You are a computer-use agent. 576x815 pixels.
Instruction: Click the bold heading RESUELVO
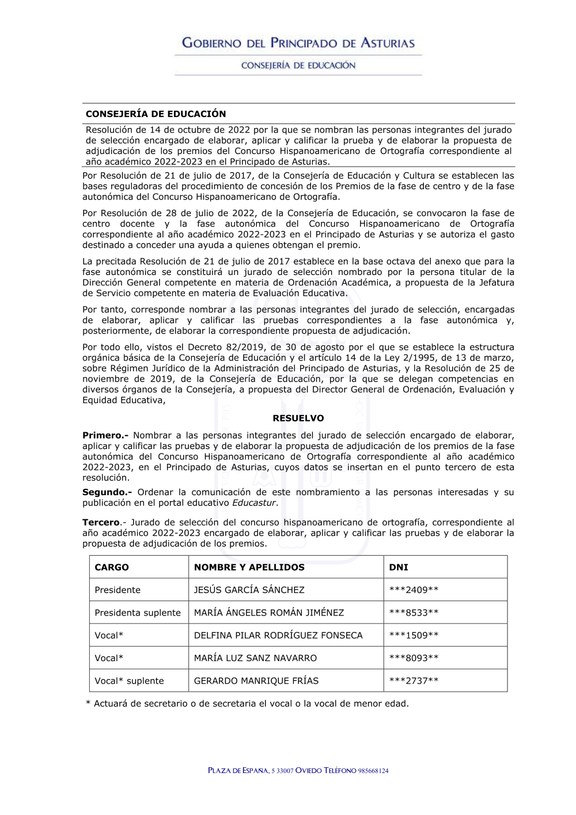(x=298, y=418)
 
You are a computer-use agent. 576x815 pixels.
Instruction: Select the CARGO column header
(x=112, y=567)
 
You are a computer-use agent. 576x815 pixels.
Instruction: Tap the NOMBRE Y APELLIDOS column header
(x=249, y=567)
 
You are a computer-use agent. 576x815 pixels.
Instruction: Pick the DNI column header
(x=399, y=567)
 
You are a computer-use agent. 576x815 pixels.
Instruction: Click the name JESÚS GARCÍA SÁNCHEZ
(x=249, y=590)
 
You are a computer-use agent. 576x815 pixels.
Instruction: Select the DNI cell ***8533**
(x=414, y=613)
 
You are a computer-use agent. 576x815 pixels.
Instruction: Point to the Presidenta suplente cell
(x=138, y=613)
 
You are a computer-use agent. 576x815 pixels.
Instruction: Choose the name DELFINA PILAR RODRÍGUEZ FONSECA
(x=278, y=635)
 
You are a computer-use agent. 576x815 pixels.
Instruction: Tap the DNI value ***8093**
(x=414, y=658)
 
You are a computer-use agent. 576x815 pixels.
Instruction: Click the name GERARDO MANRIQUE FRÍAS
(x=256, y=681)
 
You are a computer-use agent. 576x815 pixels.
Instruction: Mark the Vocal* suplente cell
(x=129, y=681)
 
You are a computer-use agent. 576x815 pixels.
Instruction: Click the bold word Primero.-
(x=105, y=436)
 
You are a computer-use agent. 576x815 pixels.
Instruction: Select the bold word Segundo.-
(x=107, y=492)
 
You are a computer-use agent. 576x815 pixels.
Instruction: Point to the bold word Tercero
(x=101, y=523)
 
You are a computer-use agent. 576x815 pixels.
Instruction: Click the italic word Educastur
(x=254, y=503)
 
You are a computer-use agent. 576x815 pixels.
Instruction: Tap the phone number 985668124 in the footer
(x=373, y=771)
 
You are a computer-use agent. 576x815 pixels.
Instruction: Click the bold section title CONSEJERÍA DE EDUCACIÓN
(x=156, y=114)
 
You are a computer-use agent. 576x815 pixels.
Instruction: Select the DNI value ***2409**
(x=414, y=590)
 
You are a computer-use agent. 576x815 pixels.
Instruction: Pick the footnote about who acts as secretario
(x=247, y=704)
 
